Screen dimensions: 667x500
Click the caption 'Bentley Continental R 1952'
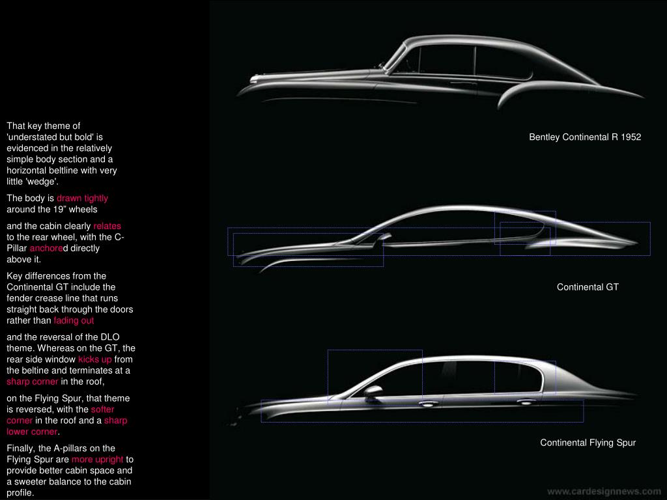pyautogui.click(x=585, y=137)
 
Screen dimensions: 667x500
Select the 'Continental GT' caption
pyautogui.click(x=588, y=286)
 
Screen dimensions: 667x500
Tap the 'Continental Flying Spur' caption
pyautogui.click(x=588, y=443)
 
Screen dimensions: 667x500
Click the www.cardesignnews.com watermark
pyautogui.click(x=604, y=491)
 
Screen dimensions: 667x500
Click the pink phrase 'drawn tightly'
pyautogui.click(x=82, y=198)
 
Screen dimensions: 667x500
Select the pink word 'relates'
pyautogui.click(x=107, y=226)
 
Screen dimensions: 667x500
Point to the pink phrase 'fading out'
pyautogui.click(x=74, y=320)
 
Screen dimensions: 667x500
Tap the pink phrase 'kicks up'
pyautogui.click(x=95, y=359)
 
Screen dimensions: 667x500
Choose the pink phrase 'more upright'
pyautogui.click(x=97, y=460)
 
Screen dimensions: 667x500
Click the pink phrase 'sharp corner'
pyautogui.click(x=33, y=382)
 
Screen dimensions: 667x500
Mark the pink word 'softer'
pyautogui.click(x=102, y=410)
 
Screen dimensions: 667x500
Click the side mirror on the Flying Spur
pyautogui.click(x=373, y=391)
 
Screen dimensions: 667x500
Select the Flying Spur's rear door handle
pyautogui.click(x=525, y=402)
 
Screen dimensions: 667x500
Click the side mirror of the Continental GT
pyautogui.click(x=385, y=236)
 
